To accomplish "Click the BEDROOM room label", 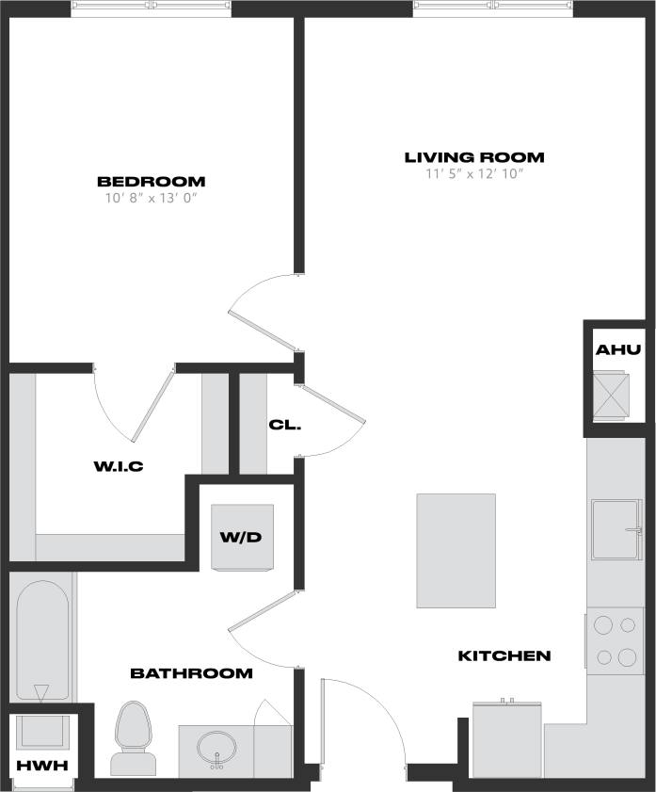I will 151,182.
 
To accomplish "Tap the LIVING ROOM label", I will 474,157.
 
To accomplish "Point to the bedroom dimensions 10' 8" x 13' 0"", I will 151,199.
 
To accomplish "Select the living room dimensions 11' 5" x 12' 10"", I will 474,174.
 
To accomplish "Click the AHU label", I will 617,350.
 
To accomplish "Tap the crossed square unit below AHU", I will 617,396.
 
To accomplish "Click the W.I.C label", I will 118,466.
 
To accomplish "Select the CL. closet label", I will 284,425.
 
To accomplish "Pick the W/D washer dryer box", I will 242,538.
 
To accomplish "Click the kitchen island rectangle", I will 456,551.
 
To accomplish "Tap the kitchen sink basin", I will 616,529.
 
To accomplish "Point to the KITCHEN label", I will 504,655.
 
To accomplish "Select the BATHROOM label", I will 191,673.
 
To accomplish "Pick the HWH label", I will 42,766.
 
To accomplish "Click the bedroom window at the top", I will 151,8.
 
